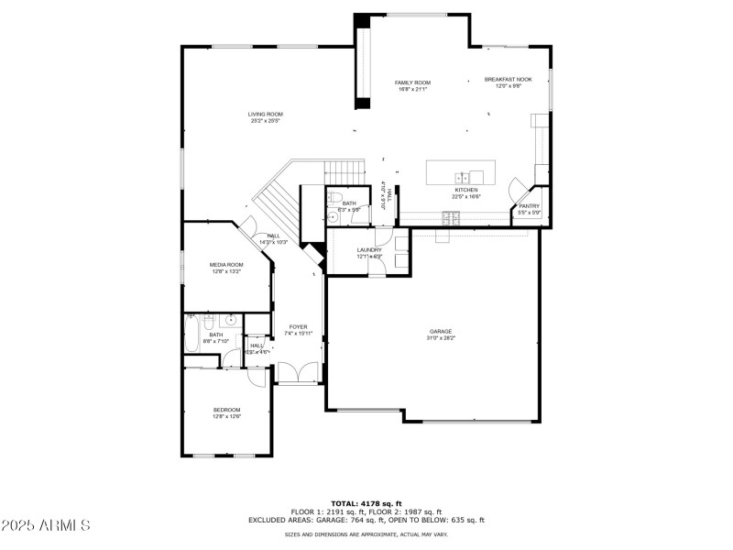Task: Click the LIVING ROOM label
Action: click(265, 115)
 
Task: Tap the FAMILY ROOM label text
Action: click(413, 82)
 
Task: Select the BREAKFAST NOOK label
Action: click(508, 80)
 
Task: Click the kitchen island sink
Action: click(465, 176)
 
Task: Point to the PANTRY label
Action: click(530, 206)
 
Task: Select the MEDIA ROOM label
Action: click(226, 264)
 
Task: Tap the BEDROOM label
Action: click(226, 410)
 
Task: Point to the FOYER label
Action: click(299, 326)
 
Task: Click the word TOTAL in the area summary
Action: click(344, 503)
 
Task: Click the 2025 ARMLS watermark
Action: click(46, 526)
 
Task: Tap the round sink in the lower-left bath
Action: click(232, 320)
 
